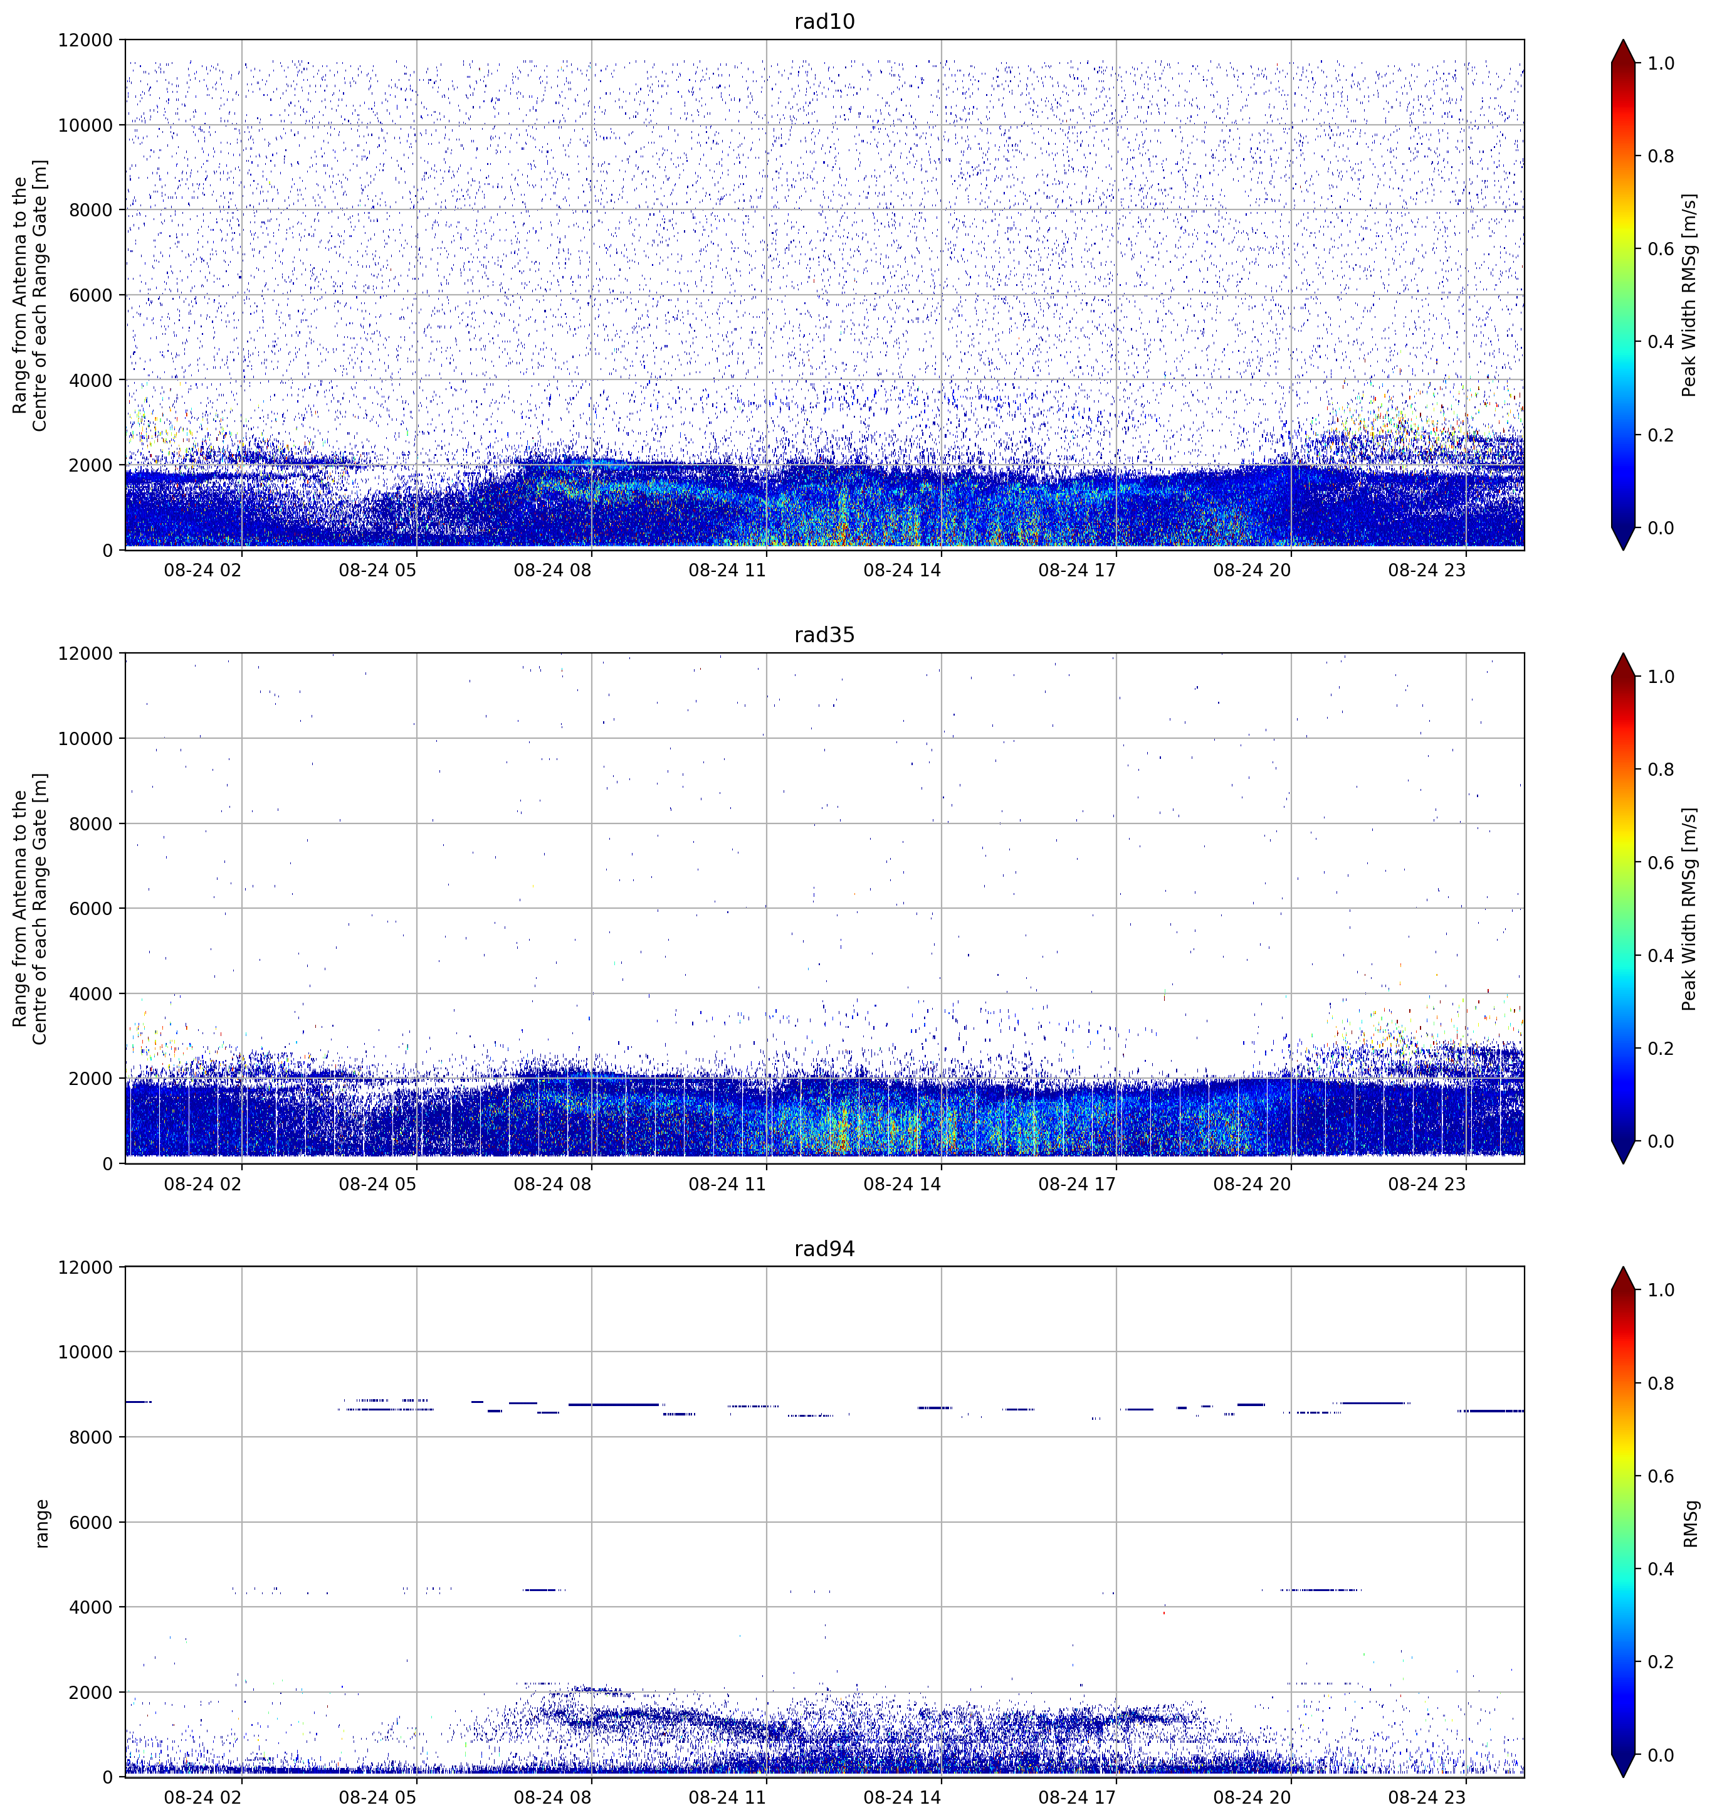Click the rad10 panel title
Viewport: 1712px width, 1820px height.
pos(824,21)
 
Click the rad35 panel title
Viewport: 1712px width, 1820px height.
pos(824,635)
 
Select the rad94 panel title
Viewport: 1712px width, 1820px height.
pos(824,1249)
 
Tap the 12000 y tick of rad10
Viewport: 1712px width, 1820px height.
pos(85,40)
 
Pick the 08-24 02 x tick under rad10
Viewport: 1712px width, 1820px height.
pos(203,569)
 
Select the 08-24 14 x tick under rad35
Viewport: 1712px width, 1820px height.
pos(902,1183)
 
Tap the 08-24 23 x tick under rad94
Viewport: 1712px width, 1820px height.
pos(1427,1797)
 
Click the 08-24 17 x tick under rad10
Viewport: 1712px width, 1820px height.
pos(1077,569)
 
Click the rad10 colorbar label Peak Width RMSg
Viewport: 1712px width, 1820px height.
pos(1689,295)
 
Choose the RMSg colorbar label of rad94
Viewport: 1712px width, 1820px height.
pos(1689,1523)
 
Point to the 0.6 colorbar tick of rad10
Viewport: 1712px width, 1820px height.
pos(1661,249)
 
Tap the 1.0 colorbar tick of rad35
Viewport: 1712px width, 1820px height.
pos(1661,677)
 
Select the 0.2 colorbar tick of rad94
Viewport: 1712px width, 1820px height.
pos(1661,1661)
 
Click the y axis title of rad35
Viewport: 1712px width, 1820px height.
pos(30,908)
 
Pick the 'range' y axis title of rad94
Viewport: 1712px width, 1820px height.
pos(41,1523)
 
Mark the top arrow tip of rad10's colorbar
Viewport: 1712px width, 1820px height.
pos(1622,40)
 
